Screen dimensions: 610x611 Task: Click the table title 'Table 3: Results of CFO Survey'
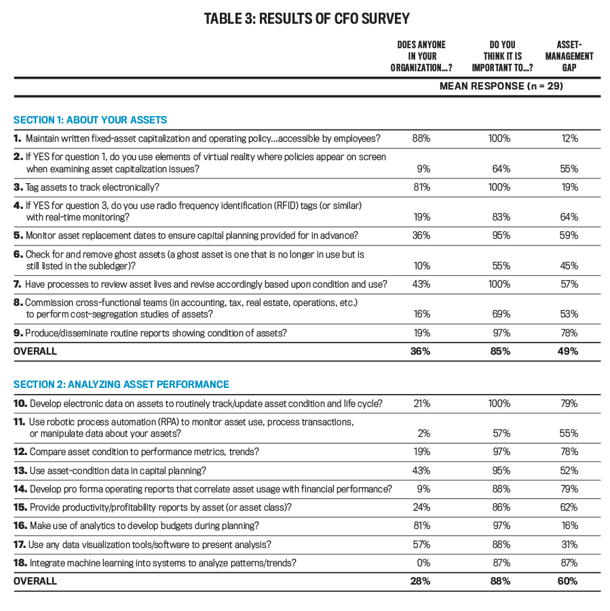[307, 19]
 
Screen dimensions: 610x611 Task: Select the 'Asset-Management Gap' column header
[569, 56]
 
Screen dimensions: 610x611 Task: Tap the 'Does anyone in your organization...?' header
[421, 56]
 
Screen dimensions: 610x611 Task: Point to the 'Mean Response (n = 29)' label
[501, 86]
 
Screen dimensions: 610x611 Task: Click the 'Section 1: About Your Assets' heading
[90, 119]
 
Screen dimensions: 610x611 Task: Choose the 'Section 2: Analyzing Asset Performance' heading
[121, 385]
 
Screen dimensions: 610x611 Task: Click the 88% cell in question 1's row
[421, 138]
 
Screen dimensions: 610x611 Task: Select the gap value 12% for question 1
[570, 138]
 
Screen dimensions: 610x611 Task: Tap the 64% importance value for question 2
[501, 169]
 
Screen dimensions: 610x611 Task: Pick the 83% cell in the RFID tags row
[501, 217]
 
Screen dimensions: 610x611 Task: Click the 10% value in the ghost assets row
[422, 266]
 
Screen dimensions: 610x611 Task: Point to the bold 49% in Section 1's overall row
[568, 351]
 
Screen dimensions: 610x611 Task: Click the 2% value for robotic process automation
[424, 433]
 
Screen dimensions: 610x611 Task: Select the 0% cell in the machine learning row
[423, 563]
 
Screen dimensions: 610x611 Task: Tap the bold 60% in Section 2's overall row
[568, 581]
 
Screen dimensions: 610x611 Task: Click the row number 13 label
[20, 471]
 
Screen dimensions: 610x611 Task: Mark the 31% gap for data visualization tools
[569, 545]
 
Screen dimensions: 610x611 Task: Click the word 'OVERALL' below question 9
[35, 351]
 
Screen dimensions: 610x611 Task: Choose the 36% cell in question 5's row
[421, 235]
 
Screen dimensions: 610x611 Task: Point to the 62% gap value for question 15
[569, 507]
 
